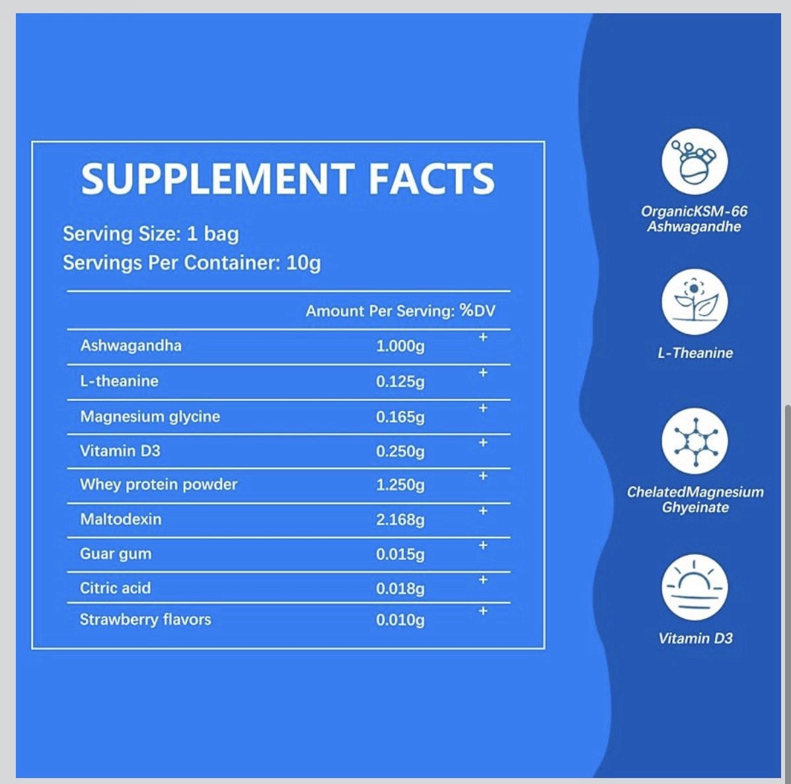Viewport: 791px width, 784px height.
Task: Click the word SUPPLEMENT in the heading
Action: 217,179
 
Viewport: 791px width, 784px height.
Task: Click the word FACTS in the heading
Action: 432,179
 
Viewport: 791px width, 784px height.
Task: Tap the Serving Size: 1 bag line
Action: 151,234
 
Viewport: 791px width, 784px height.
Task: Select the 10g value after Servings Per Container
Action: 303,263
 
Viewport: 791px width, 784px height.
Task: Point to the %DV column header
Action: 477,310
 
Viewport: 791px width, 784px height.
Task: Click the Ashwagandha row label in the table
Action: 131,346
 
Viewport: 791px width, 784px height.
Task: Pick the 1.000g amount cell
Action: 400,346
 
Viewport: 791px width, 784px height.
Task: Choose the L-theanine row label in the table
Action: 119,380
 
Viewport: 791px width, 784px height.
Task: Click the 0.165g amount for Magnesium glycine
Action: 400,417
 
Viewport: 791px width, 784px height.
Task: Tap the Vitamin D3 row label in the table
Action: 120,450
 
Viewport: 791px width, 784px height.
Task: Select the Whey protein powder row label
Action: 159,485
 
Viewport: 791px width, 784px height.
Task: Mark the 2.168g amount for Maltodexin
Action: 400,519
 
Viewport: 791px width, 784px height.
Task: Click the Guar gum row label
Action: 116,554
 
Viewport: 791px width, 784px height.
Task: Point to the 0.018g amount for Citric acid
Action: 400,588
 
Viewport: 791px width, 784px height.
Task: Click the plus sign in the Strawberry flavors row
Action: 483,611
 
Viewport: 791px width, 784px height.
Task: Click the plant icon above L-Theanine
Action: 695,302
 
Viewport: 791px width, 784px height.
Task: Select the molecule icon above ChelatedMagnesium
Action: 695,441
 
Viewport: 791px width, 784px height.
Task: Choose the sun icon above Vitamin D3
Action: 695,587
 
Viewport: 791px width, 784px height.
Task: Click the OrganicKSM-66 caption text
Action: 694,211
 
